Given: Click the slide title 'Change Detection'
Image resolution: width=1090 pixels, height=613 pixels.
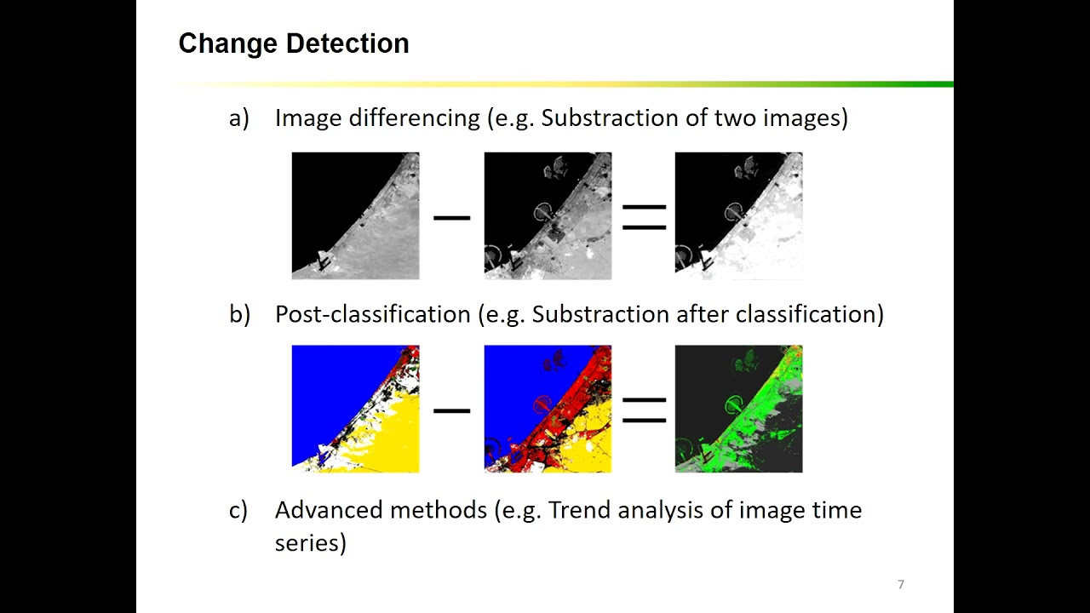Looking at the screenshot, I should (294, 43).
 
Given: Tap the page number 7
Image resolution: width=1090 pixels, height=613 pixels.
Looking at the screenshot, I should (901, 584).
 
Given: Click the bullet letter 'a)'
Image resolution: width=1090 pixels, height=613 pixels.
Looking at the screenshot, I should (238, 118).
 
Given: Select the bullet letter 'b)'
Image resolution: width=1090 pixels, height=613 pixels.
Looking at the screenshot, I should (239, 314).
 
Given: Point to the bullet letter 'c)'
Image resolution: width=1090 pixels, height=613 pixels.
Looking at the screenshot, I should (238, 510).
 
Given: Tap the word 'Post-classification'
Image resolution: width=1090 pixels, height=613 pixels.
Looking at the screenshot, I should (372, 314).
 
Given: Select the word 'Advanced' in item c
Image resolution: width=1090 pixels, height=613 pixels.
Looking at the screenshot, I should (329, 510).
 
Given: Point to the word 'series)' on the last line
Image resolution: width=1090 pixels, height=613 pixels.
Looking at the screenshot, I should (310, 542).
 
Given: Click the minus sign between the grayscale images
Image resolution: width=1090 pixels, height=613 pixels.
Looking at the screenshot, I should (451, 218).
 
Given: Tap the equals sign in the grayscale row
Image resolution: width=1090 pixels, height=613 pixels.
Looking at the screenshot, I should (644, 218).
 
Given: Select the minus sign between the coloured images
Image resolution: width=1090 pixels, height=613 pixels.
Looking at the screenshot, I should (451, 410).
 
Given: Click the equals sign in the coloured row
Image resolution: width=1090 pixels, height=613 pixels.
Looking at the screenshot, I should (644, 410).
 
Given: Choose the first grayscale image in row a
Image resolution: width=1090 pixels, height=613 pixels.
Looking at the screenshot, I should (355, 215).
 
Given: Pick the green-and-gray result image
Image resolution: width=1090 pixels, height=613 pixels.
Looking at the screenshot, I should (738, 409).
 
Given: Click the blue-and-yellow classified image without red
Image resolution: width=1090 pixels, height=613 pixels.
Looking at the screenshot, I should (355, 409).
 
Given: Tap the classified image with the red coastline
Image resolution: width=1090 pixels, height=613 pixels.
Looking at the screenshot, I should (548, 409).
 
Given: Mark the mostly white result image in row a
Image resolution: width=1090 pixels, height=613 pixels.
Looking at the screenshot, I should (738, 215).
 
